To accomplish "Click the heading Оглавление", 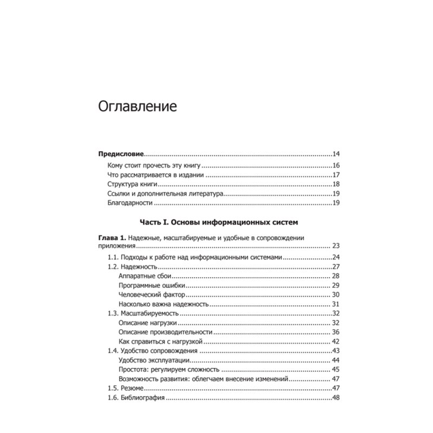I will pos(137,106).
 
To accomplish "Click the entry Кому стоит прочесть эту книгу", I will pos(155,166).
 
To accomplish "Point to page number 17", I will pos(336,175).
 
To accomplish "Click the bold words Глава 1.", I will pos(112,238).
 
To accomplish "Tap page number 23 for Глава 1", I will pos(336,245).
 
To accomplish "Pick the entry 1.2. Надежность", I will pos(133,267).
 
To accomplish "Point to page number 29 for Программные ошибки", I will pos(336,285).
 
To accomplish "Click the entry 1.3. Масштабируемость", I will pos(141,313).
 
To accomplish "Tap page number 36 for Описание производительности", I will pos(336,332).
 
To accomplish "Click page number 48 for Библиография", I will pos(336,398).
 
